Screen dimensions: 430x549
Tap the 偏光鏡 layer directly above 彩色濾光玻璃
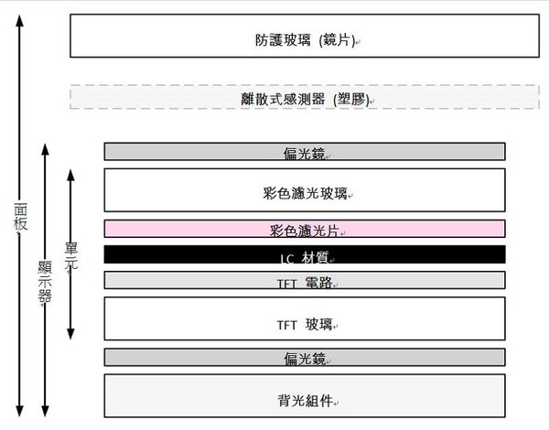305,151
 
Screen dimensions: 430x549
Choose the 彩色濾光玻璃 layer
305,190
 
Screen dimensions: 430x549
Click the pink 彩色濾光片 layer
305,228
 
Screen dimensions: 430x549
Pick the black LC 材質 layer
305,254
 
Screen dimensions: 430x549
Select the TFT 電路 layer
305,280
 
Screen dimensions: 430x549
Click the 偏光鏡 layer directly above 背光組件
305,357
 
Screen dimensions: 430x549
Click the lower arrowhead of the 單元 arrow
70,332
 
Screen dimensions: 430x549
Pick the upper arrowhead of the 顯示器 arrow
44,146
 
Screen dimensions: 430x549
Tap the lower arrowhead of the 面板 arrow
19,409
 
